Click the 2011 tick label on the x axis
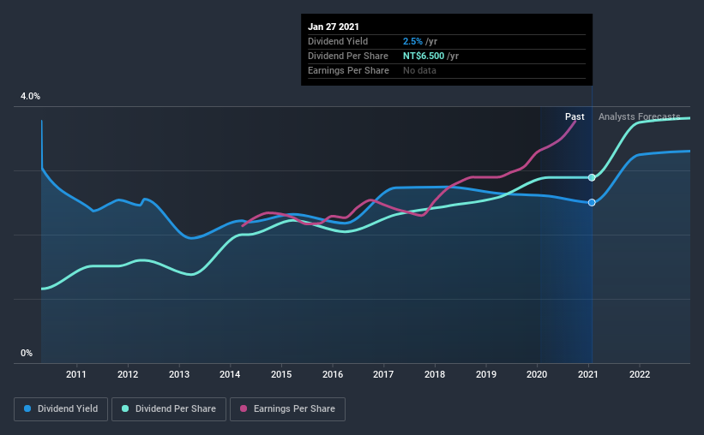(76, 374)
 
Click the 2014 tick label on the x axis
(230, 374)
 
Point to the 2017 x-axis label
(383, 374)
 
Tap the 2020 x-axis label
(537, 374)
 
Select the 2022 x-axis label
(639, 374)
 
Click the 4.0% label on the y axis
(30, 97)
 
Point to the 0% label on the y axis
(27, 353)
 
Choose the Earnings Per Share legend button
(287, 409)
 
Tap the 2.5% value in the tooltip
(412, 41)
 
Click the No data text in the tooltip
(419, 70)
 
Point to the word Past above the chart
(575, 116)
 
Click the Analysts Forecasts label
(639, 116)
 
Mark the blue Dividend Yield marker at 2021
(592, 202)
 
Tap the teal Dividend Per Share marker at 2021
(592, 177)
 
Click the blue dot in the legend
(27, 409)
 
